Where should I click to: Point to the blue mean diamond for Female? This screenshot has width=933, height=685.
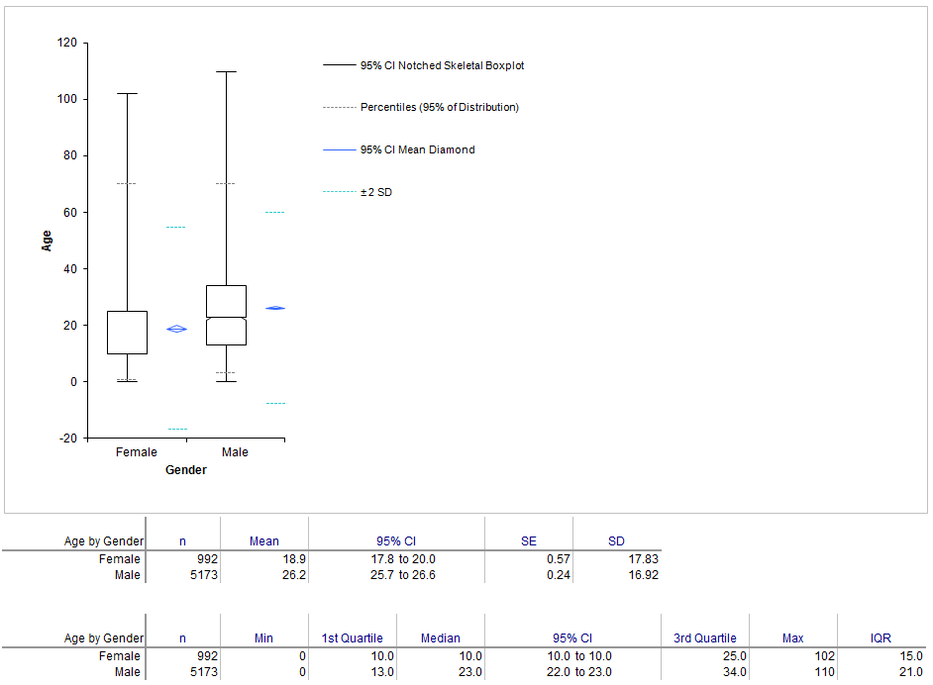pyautogui.click(x=176, y=329)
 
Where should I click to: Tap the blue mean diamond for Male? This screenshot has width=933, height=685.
pyautogui.click(x=275, y=308)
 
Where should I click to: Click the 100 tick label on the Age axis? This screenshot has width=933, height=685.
pyautogui.click(x=67, y=99)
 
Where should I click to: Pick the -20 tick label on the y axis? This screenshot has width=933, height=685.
pyautogui.click(x=67, y=439)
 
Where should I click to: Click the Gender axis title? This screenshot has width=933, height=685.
pyautogui.click(x=185, y=470)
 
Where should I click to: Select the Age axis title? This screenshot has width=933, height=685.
pyautogui.click(x=47, y=241)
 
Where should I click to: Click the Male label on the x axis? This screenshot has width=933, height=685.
pyautogui.click(x=235, y=452)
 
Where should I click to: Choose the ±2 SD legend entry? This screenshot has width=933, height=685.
pyautogui.click(x=358, y=192)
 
